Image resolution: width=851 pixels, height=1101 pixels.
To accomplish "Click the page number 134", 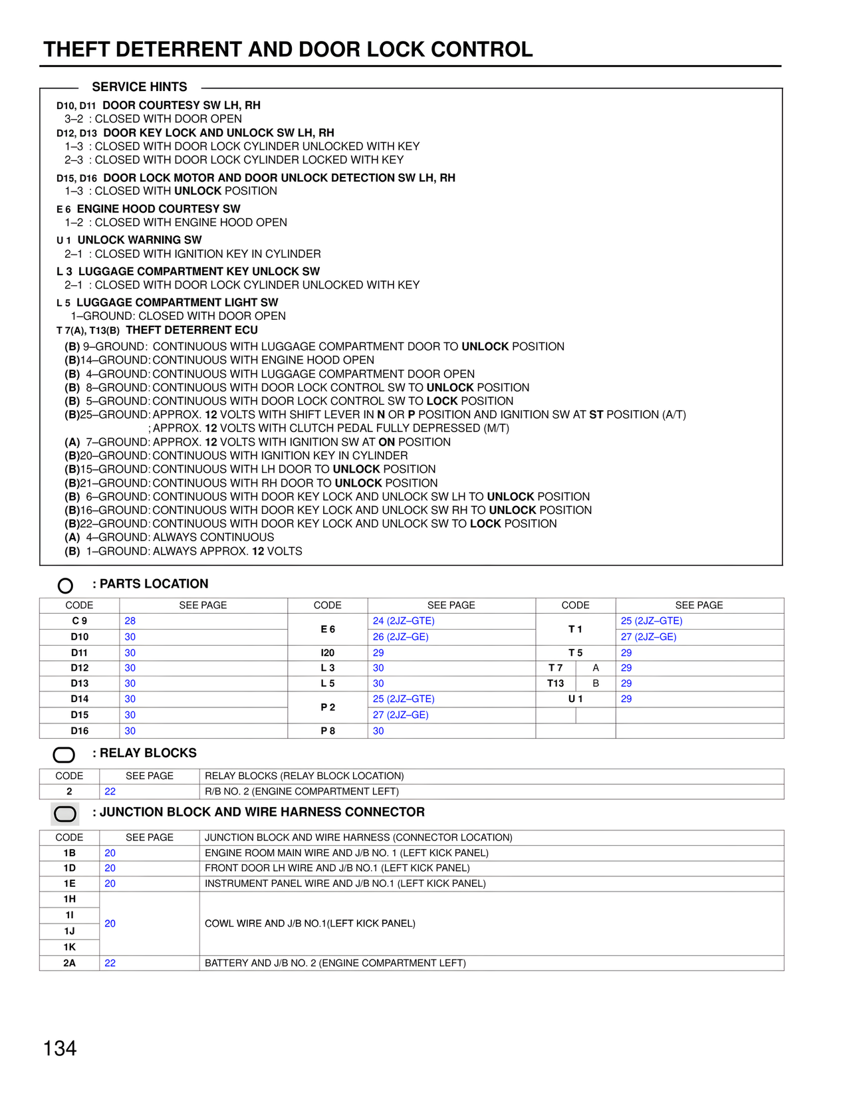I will pyautogui.click(x=60, y=1048).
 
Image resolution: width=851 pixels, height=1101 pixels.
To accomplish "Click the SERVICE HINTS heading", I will pyautogui.click(x=140, y=87).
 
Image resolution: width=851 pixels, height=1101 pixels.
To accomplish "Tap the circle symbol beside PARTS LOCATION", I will pyautogui.click(x=65, y=586).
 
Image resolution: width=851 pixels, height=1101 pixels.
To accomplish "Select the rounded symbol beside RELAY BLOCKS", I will pyautogui.click(x=64, y=755).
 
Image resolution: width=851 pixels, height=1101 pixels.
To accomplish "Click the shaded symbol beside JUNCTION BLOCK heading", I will pyautogui.click(x=65, y=814).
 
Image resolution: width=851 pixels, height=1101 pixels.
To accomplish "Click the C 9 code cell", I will pyautogui.click(x=79, y=621).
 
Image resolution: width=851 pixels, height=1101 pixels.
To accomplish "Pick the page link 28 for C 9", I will pyautogui.click(x=130, y=621).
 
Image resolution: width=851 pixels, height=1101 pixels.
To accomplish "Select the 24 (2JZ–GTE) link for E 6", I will pyautogui.click(x=404, y=621).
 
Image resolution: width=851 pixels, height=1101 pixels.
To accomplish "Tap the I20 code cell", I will pyautogui.click(x=328, y=653).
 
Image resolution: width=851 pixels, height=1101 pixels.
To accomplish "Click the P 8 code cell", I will pyautogui.click(x=328, y=731).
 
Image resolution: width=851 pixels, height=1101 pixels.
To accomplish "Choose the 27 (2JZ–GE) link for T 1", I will pyautogui.click(x=648, y=637).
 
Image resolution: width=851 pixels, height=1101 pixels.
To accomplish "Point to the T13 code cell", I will pyautogui.click(x=556, y=683).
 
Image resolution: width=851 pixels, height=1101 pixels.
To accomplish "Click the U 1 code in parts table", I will pyautogui.click(x=575, y=699).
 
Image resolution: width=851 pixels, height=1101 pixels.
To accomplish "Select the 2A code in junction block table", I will pyautogui.click(x=69, y=963).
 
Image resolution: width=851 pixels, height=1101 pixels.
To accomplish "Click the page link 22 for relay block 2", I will pyautogui.click(x=110, y=791).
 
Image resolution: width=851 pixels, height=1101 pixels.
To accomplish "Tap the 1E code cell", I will pyautogui.click(x=69, y=884).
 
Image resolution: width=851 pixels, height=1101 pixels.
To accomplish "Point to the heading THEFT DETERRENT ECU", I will pyautogui.click(x=191, y=330).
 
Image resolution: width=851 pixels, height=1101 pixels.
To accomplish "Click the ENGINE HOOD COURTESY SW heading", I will pyautogui.click(x=158, y=209).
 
